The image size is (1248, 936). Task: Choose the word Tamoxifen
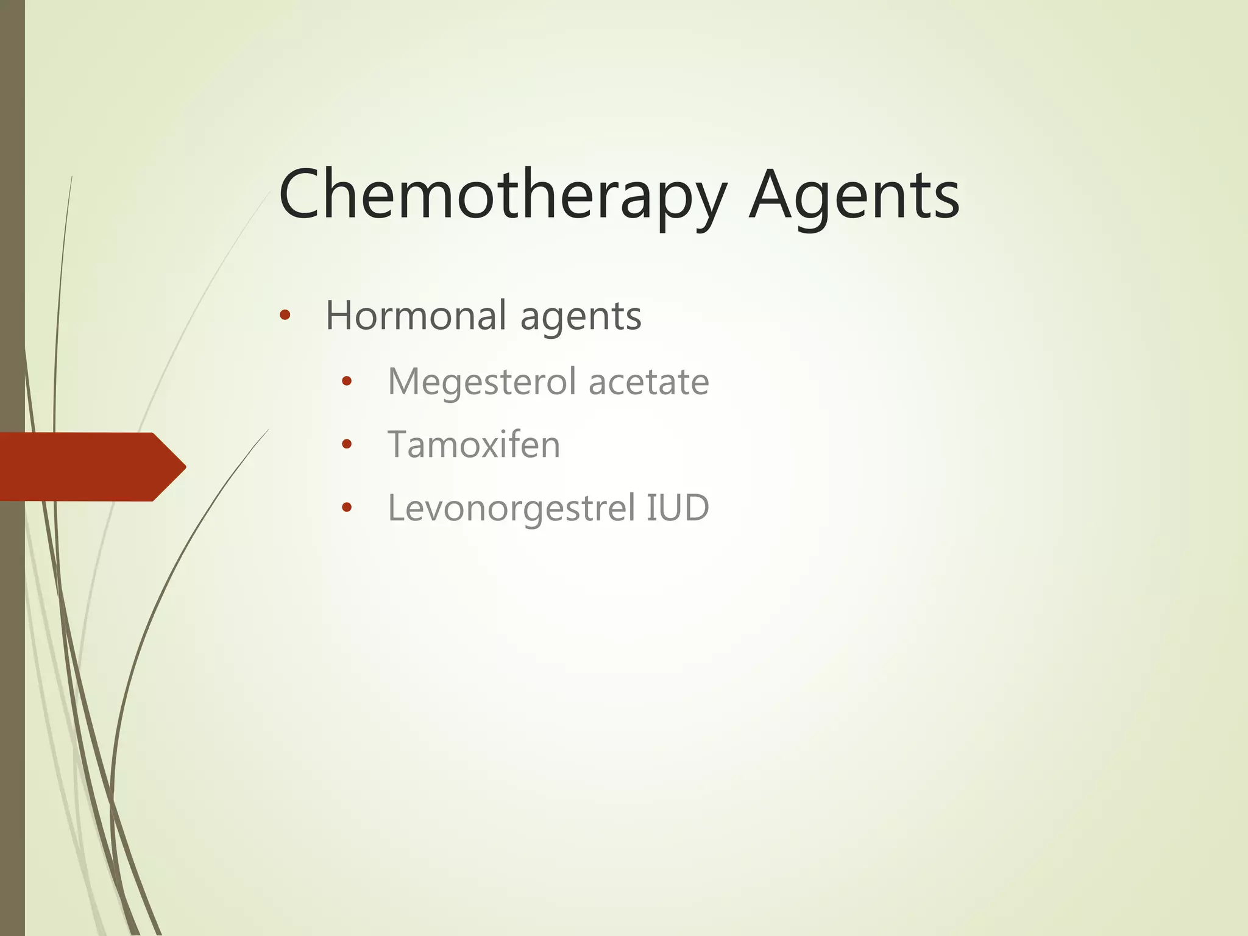tap(473, 444)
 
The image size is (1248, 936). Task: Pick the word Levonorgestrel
tap(511, 508)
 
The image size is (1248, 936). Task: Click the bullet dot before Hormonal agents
tap(285, 316)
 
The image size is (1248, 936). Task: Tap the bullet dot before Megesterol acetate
tap(347, 382)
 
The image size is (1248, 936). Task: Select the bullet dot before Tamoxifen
tap(347, 444)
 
